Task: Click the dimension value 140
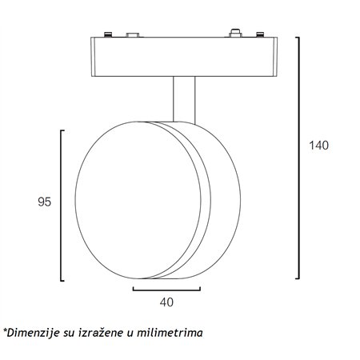(319, 146)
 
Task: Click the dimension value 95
(44, 203)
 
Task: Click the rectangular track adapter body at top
(182, 58)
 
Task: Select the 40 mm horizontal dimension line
(166, 287)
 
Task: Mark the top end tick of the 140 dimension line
(297, 38)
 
